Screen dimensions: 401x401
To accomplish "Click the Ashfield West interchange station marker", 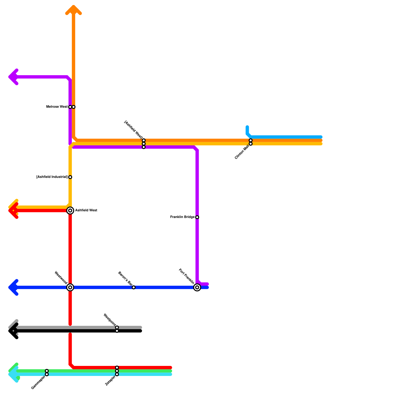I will click(x=70, y=211).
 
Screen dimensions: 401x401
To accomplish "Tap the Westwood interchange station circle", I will click(x=70, y=287).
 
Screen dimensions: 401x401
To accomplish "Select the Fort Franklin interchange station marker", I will click(x=197, y=287).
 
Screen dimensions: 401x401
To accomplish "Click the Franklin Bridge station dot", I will click(x=197, y=217).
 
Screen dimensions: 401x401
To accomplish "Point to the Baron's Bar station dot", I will click(x=134, y=287).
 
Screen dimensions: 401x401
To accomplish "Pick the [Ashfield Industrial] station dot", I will click(x=70, y=177).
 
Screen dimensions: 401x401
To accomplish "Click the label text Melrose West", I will click(x=57, y=107).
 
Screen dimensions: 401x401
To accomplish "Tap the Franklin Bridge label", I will click(x=182, y=217).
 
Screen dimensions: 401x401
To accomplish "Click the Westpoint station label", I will click(x=110, y=320).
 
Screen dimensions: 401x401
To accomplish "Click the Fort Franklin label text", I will click(x=186, y=276).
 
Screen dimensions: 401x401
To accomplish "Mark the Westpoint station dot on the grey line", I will click(x=117, y=328).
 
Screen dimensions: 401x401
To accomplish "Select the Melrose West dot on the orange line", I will click(x=74, y=107).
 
